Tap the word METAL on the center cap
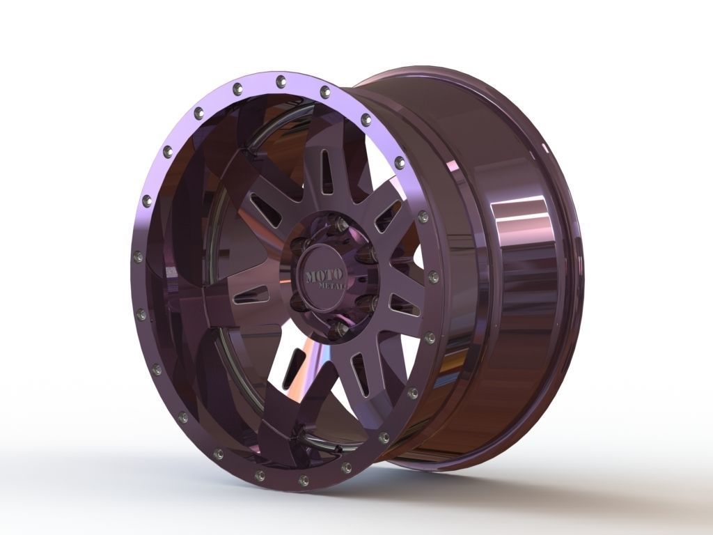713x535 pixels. pos(331,286)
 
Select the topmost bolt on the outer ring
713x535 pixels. pos(280,80)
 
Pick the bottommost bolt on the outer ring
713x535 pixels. pos(303,481)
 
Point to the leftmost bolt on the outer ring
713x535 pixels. pos(138,257)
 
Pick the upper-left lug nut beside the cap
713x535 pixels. pos(299,244)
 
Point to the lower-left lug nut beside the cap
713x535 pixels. pos(298,300)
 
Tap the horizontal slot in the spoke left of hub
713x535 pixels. pos(251,295)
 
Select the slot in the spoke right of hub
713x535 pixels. pos(405,304)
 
